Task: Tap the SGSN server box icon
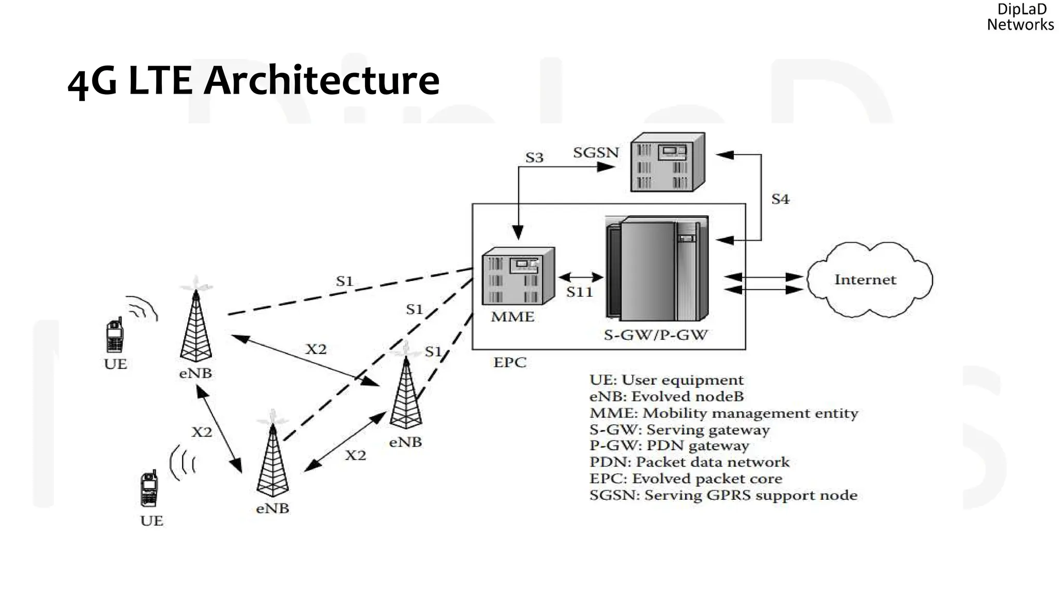pyautogui.click(x=667, y=162)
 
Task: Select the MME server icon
pyautogui.click(x=518, y=277)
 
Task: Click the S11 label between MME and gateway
pyautogui.click(x=579, y=292)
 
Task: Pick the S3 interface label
pyautogui.click(x=534, y=158)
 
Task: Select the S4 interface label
pyautogui.click(x=780, y=199)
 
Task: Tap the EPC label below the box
pyautogui.click(x=509, y=363)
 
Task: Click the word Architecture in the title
pyautogui.click(x=322, y=81)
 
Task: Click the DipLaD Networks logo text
pyautogui.click(x=1020, y=17)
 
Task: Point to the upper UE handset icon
pyautogui.click(x=114, y=335)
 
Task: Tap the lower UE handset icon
pyautogui.click(x=149, y=489)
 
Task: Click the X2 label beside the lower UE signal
pyautogui.click(x=202, y=432)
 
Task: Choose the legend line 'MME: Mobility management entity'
pyautogui.click(x=723, y=413)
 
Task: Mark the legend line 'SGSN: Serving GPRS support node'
pyautogui.click(x=723, y=496)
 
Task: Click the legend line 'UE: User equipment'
pyautogui.click(x=666, y=380)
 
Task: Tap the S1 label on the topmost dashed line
pyautogui.click(x=344, y=281)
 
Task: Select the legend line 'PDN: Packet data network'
pyautogui.click(x=689, y=462)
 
